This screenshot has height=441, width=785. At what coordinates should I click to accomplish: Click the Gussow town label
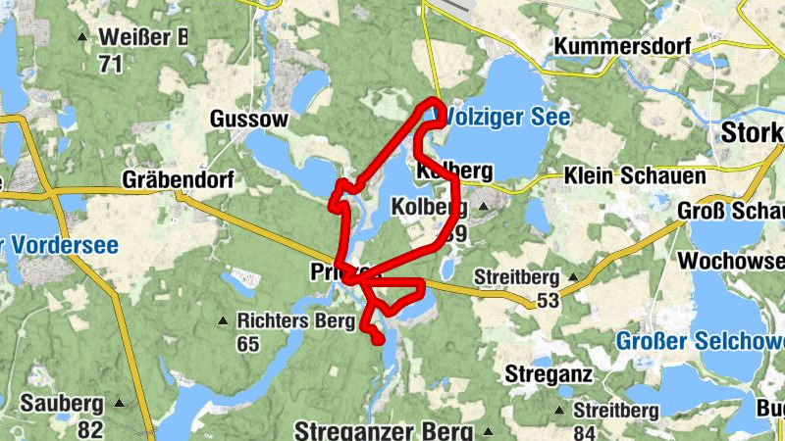[x=249, y=120]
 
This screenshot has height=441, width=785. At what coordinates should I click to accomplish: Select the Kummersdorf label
[x=622, y=46]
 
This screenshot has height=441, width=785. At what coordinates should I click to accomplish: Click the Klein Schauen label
[x=635, y=176]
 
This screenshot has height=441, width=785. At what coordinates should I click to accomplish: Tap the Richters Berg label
[x=292, y=319]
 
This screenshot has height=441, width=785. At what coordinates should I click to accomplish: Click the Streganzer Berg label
[x=384, y=431]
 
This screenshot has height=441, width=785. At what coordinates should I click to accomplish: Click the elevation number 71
[x=110, y=65]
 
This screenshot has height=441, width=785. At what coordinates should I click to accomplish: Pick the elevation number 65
[x=247, y=344]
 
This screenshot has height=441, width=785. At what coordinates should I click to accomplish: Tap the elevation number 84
[x=586, y=432]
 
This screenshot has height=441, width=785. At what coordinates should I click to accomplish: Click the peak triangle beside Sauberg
[x=120, y=403]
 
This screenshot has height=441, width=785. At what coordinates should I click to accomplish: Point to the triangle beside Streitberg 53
[x=573, y=276]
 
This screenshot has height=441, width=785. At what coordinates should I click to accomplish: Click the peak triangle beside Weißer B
[x=81, y=38]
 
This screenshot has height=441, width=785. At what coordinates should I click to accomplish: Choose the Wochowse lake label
[x=731, y=262]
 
